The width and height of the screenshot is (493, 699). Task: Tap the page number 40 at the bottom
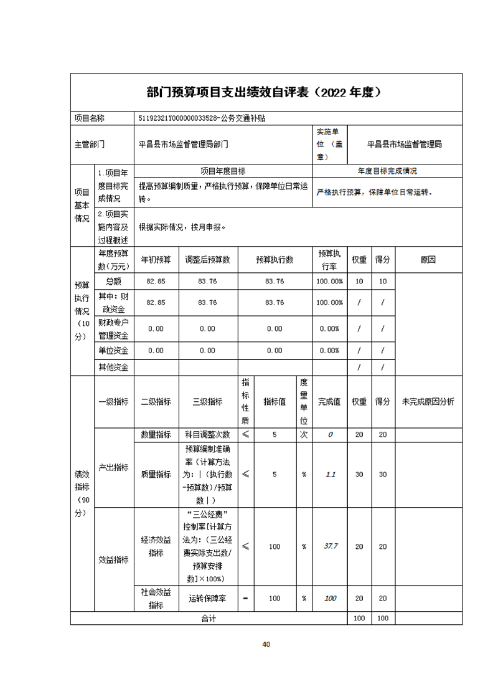266,644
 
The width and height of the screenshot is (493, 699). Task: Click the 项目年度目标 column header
223,171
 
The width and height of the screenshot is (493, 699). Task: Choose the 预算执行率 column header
329,260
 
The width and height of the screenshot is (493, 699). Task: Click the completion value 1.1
330,474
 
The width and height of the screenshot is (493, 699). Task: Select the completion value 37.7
330,546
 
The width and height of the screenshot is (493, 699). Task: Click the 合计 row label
207,618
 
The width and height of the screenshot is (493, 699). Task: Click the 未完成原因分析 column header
428,402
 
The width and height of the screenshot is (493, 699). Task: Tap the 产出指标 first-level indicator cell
113,467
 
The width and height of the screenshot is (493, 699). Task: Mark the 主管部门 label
90,144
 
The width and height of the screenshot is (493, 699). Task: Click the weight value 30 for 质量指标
359,474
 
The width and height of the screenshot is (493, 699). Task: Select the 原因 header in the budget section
428,260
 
